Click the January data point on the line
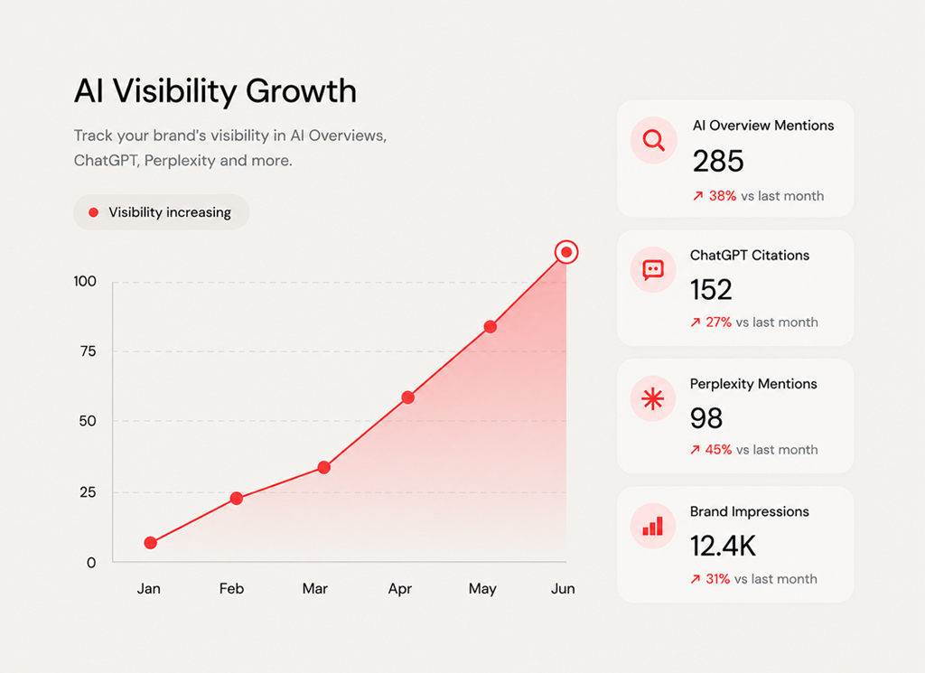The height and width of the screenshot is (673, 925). pos(151,543)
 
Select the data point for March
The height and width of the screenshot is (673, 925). pos(324,468)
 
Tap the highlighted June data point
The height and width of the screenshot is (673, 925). pos(566,252)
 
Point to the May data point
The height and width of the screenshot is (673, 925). pos(491,327)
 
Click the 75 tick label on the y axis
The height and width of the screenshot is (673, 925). pos(88,351)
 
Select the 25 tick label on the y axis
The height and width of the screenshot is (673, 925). pos(88,492)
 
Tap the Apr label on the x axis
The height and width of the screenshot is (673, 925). pos(400,589)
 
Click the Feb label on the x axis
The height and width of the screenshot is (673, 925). pos(231,589)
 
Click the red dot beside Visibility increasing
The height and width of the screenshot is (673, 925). pos(93,212)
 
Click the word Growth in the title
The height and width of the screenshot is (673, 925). pos(301,91)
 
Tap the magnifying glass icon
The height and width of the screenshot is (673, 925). pos(654,140)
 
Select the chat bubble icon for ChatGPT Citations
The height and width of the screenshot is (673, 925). pos(653,270)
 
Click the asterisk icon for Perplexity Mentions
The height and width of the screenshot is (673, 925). pos(653,398)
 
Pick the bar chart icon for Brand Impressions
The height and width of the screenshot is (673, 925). pos(653,526)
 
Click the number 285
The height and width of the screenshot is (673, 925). pos(718,161)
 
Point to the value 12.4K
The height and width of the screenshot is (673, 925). pos(723,547)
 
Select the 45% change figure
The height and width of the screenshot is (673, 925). pos(718,450)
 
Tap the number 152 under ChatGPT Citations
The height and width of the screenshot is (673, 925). pos(711,290)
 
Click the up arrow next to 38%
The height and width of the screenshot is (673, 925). pos(698,196)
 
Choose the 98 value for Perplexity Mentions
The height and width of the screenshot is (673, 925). pos(706,418)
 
